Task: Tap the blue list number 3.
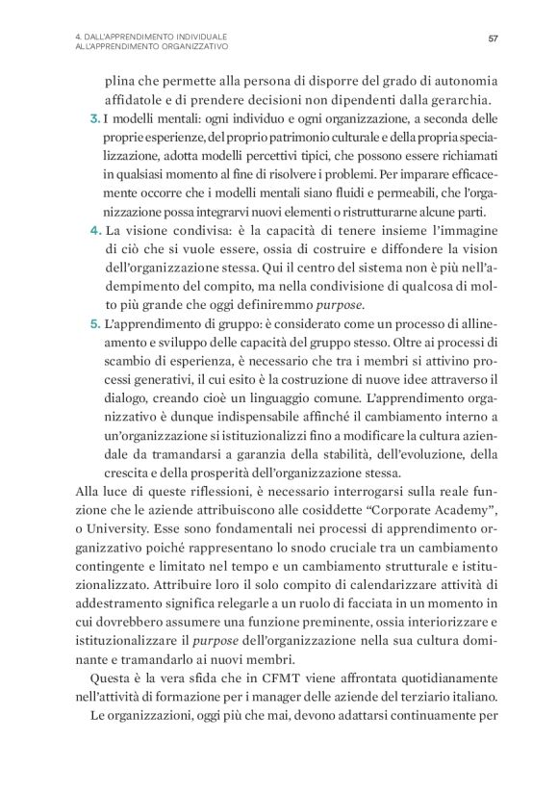(92, 119)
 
